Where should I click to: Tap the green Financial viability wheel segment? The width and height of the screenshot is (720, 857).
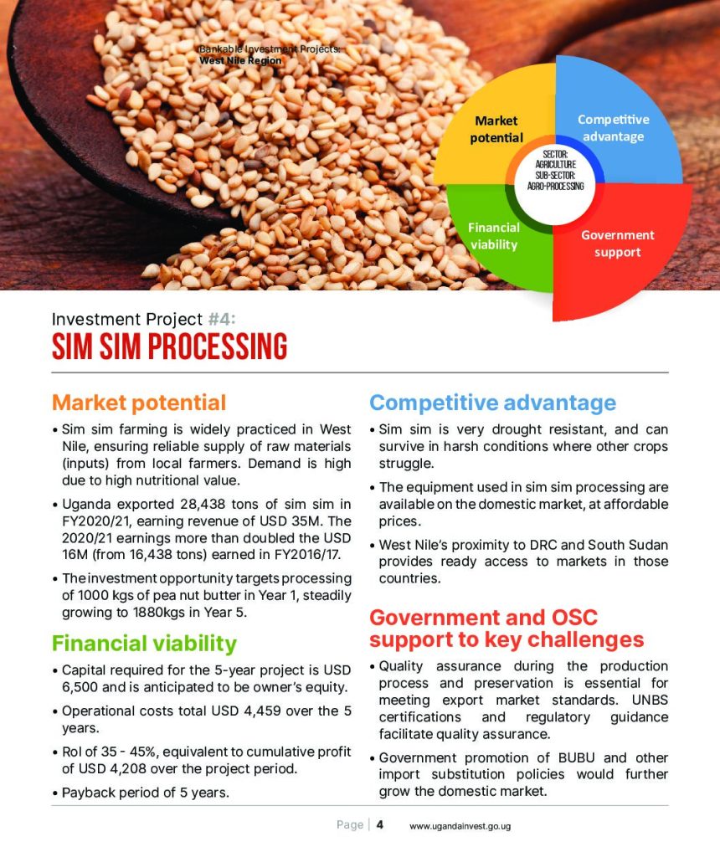coord(486,240)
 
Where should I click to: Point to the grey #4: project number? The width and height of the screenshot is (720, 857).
coord(222,319)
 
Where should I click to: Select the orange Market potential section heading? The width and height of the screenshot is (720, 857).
coord(139,403)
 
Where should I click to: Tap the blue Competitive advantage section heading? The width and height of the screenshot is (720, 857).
coord(492,403)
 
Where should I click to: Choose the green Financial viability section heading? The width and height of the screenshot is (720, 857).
coord(144,644)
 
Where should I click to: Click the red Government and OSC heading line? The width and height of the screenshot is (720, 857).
coord(483,617)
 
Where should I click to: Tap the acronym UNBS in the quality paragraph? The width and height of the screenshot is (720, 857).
coord(650,700)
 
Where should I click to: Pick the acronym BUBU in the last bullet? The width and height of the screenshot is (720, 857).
coord(576,757)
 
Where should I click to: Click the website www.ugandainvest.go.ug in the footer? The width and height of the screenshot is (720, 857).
coord(460,826)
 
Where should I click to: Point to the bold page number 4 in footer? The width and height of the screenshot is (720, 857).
coord(380,824)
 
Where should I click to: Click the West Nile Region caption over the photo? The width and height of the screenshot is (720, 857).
coord(240,60)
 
